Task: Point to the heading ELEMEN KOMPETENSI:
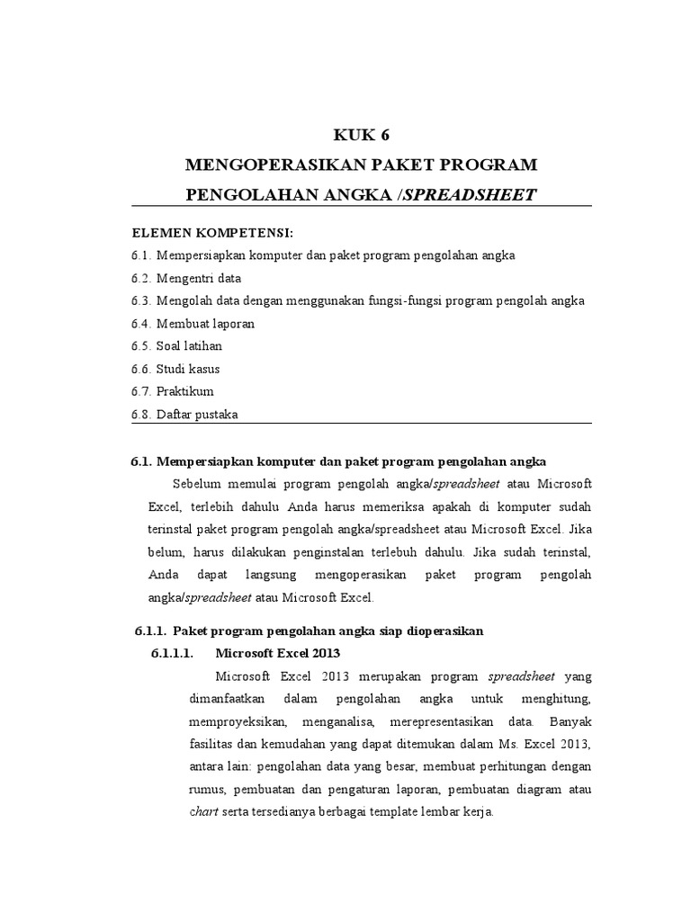tap(200, 232)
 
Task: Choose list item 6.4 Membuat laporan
tap(192, 323)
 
